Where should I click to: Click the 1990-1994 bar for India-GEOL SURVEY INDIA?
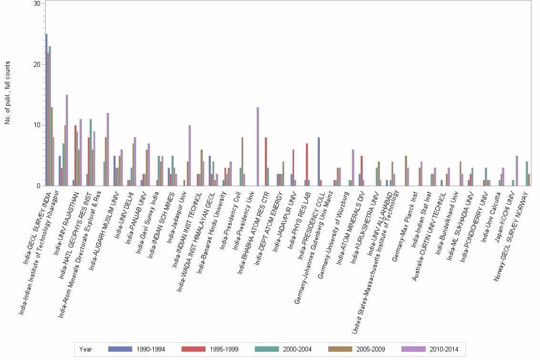click(46, 110)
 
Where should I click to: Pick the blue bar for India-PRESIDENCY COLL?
click(319, 161)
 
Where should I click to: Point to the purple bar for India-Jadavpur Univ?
click(190, 155)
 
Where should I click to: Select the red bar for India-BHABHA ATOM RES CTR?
click(266, 161)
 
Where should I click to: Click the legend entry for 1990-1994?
click(137, 349)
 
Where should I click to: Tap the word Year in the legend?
click(86, 349)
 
